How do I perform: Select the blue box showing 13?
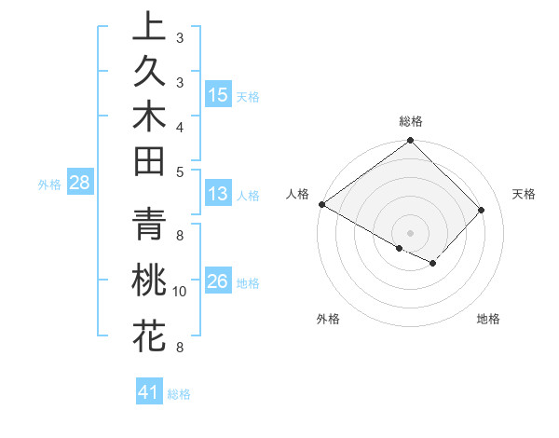click(x=218, y=194)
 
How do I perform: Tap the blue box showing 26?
click(x=218, y=281)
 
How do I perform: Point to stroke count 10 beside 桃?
click(x=180, y=292)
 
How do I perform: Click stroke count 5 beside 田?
click(x=180, y=171)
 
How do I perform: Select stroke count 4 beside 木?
click(x=180, y=126)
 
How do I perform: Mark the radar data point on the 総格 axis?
click(x=410, y=142)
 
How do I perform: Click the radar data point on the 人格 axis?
click(x=321, y=204)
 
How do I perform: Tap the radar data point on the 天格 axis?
click(x=482, y=210)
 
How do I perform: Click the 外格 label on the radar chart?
click(x=328, y=319)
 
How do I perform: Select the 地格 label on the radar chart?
click(x=488, y=319)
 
